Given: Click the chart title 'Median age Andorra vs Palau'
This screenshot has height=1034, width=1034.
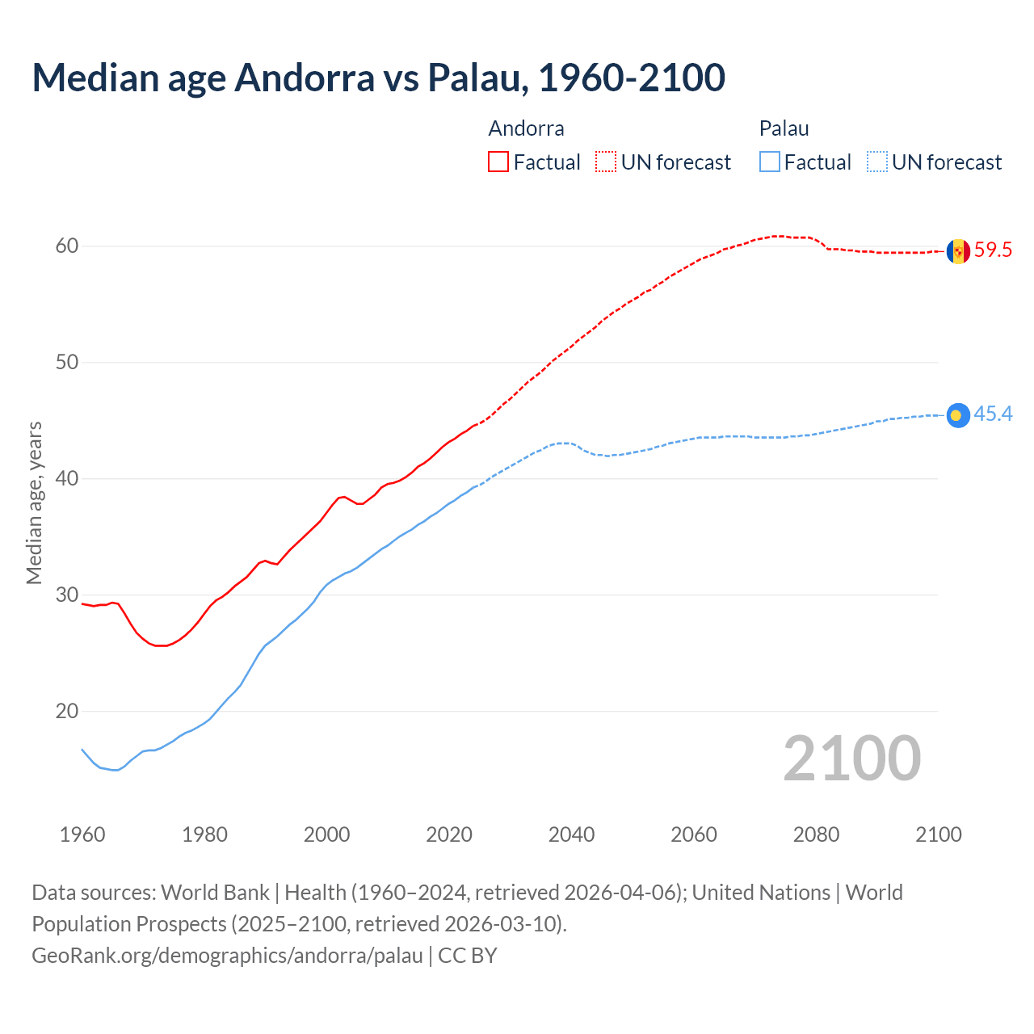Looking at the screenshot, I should [x=378, y=78].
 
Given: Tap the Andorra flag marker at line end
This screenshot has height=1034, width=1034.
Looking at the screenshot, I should [x=958, y=251].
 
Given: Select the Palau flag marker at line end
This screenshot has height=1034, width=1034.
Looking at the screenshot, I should [x=958, y=415].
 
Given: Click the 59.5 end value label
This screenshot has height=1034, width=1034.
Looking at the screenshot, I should [x=993, y=250].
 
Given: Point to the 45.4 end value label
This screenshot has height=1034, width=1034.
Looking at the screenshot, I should [x=993, y=414].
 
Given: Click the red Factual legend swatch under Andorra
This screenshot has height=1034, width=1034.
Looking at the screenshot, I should [x=498, y=162].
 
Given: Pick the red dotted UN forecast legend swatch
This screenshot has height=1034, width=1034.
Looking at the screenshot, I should [x=606, y=162].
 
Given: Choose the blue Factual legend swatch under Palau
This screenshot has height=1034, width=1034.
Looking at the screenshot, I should [x=770, y=162].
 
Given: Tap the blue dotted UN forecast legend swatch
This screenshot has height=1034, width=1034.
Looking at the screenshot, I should [x=877, y=162].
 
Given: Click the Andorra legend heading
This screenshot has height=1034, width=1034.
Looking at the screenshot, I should [x=526, y=128].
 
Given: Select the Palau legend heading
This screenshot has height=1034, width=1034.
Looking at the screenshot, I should [x=784, y=128].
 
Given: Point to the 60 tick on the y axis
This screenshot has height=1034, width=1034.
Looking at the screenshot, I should [x=67, y=246].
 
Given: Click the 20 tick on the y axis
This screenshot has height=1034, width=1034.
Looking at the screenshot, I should [x=67, y=712].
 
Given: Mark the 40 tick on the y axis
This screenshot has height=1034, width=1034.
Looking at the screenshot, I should [x=67, y=479].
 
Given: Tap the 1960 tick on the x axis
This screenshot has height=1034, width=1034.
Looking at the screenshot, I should [x=82, y=834].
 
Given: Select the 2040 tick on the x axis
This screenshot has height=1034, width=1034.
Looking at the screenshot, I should [x=571, y=834].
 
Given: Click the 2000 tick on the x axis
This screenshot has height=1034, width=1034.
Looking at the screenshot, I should [x=327, y=834].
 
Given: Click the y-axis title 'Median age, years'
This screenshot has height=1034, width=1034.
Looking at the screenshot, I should [x=34, y=502].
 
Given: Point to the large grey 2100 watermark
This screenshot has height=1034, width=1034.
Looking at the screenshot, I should [x=851, y=758].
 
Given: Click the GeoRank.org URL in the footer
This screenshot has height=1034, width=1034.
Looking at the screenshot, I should [x=227, y=956].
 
